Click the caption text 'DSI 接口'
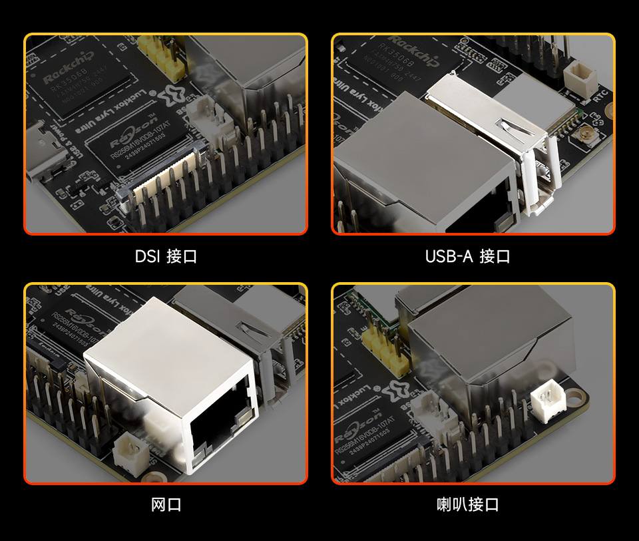[166, 256]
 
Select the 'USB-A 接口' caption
[467, 256]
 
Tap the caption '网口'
[166, 504]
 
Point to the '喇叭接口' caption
[467, 504]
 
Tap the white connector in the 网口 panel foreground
[129, 452]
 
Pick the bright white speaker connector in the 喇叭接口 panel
[548, 402]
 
